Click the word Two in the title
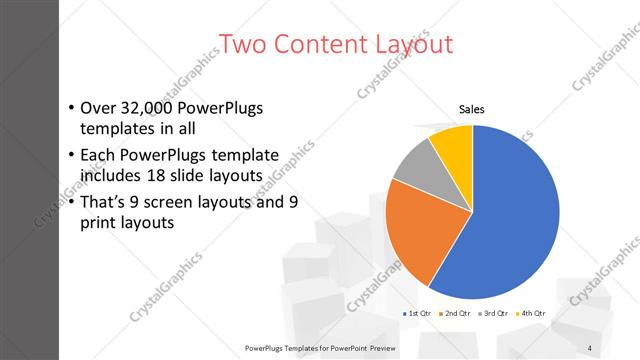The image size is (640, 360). click(x=239, y=44)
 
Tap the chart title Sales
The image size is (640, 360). click(x=472, y=110)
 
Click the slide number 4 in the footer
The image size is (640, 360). click(x=589, y=347)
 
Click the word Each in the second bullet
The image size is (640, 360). click(x=100, y=155)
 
